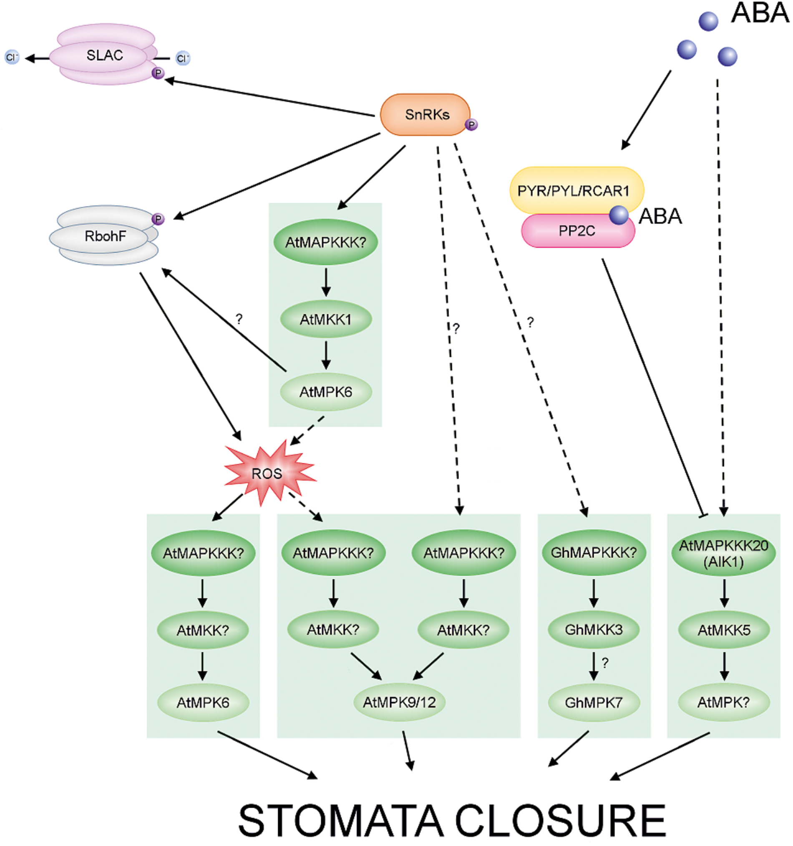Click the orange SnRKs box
pyautogui.click(x=425, y=115)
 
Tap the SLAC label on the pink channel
pyautogui.click(x=104, y=55)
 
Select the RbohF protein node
pyautogui.click(x=105, y=236)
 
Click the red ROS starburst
pyautogui.click(x=267, y=473)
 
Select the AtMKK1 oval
pyautogui.click(x=326, y=319)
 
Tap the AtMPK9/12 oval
pyautogui.click(x=399, y=702)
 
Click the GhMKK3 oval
pyautogui.click(x=594, y=629)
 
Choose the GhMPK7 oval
pyautogui.click(x=594, y=703)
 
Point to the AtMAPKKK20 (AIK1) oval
pyautogui.click(x=723, y=553)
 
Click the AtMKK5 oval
pyautogui.click(x=724, y=630)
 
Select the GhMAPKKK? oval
pyautogui.click(x=594, y=552)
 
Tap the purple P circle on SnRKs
pyautogui.click(x=471, y=125)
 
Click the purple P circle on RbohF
pyautogui.click(x=158, y=219)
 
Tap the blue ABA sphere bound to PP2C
pyautogui.click(x=618, y=215)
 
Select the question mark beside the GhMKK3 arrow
pyautogui.click(x=605, y=663)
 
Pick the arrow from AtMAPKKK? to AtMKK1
pyautogui.click(x=326, y=282)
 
